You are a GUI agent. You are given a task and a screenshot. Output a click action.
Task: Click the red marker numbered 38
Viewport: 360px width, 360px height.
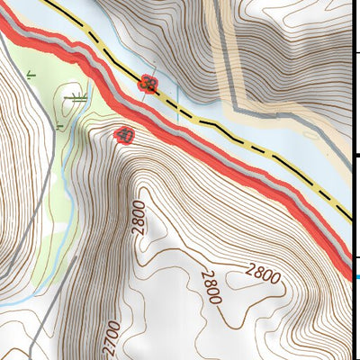[x=148, y=85]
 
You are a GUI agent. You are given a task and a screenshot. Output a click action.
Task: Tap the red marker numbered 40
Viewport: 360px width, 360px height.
[x=124, y=136]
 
